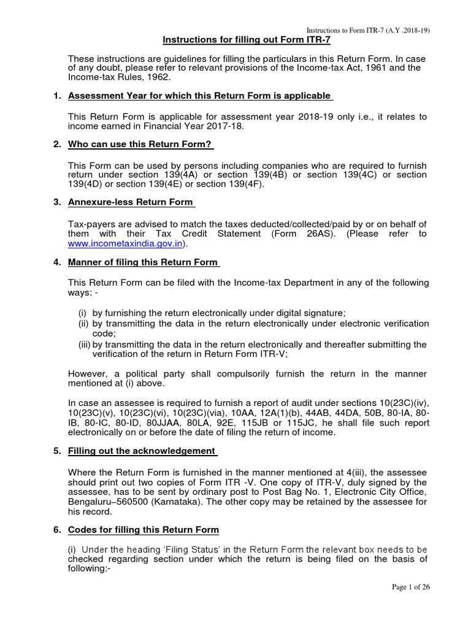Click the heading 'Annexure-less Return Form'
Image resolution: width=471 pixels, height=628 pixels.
[131, 203]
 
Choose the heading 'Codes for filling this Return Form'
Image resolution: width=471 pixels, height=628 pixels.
[143, 529]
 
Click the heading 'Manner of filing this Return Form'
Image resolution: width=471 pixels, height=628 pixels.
[143, 262]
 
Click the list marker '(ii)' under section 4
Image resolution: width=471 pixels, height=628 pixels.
[84, 323]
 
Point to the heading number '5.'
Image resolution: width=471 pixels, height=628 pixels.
[57, 451]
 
